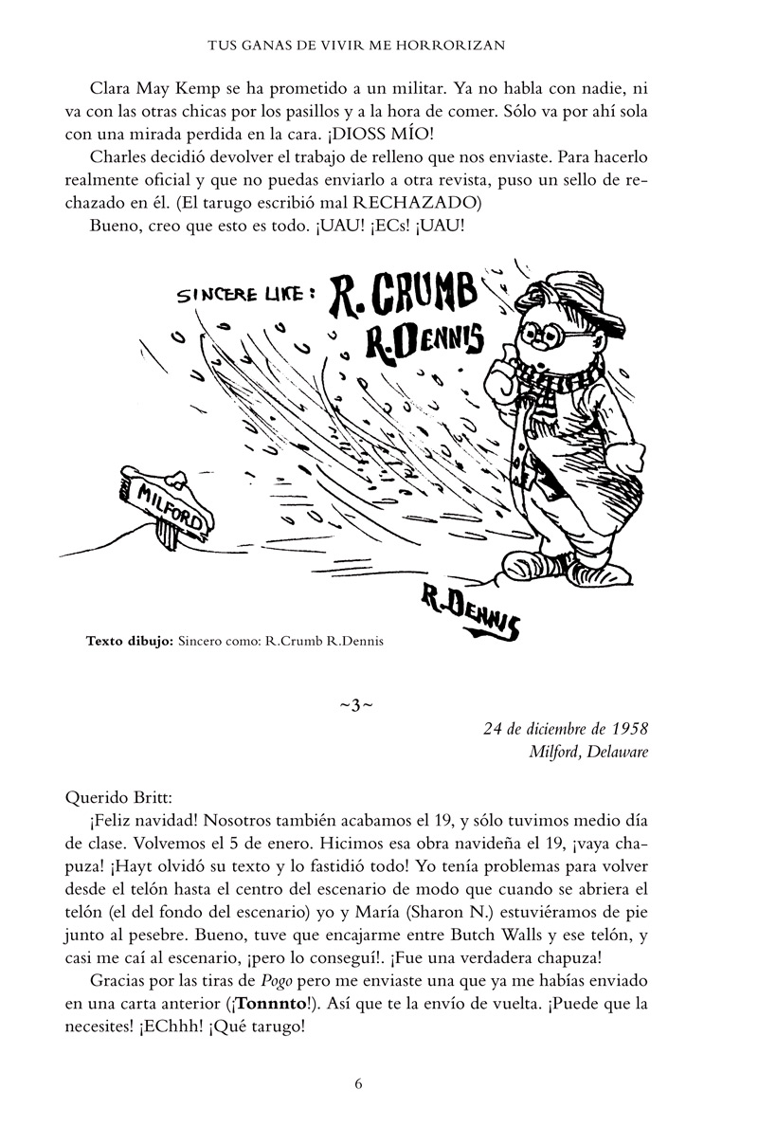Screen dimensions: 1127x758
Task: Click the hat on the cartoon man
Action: click(x=553, y=290)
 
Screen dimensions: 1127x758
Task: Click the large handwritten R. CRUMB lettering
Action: click(x=398, y=297)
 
